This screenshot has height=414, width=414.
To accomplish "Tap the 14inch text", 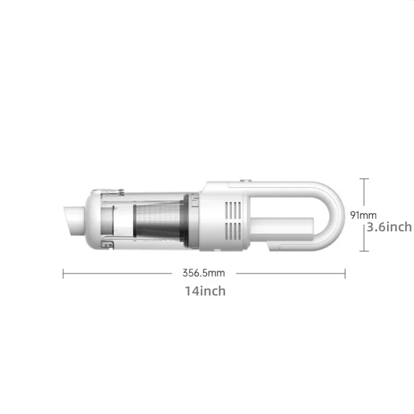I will [x=205, y=291].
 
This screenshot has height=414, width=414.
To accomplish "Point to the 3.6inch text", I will [x=389, y=227].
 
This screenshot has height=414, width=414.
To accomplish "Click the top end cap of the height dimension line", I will [x=365, y=179].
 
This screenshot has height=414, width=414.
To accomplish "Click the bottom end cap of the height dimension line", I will [x=365, y=251].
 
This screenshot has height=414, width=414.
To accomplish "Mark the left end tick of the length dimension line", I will [x=63, y=273].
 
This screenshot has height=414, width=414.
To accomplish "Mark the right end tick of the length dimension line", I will [x=345, y=273].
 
